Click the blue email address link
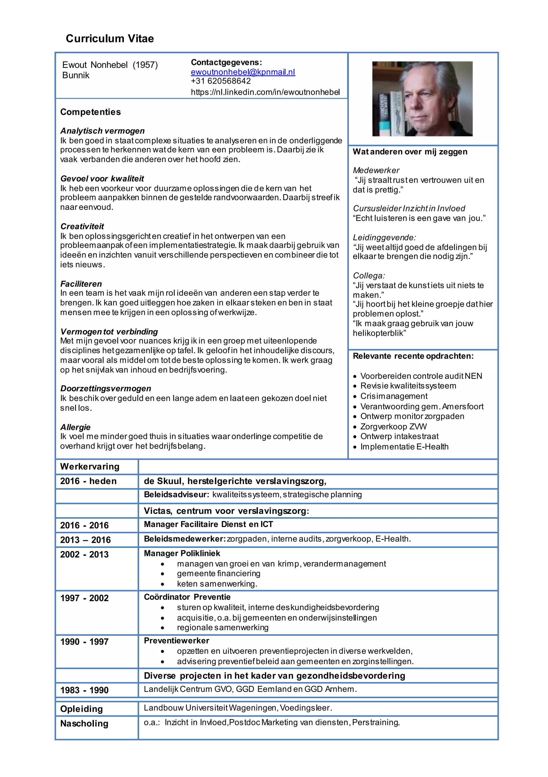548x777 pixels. (x=243, y=72)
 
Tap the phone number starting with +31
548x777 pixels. (x=221, y=81)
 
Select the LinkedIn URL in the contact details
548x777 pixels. (x=265, y=92)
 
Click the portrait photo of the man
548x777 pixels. (x=422, y=99)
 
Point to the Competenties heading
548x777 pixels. (x=90, y=112)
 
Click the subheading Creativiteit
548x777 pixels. (x=82, y=226)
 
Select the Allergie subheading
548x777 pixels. (x=75, y=427)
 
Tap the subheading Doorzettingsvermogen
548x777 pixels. (x=105, y=388)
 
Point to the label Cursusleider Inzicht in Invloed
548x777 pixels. (x=409, y=208)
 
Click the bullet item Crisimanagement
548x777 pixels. (x=394, y=396)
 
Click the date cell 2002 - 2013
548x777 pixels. (x=85, y=554)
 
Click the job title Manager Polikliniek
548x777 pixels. (x=182, y=553)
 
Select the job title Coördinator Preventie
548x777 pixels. (x=187, y=597)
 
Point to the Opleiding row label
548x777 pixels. (x=81, y=709)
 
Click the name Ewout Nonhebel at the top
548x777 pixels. (x=95, y=65)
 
